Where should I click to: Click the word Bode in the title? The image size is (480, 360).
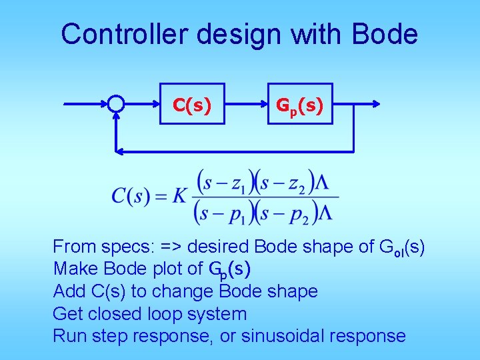(385, 34)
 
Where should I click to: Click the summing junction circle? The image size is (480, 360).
(116, 104)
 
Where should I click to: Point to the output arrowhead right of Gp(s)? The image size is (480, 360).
(376, 104)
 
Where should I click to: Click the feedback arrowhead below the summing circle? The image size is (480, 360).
(117, 117)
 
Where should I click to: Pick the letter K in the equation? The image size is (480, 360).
(179, 196)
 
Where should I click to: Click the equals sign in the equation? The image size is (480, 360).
(160, 197)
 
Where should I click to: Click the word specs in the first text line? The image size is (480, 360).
(124, 247)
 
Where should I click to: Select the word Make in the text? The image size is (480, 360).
(74, 269)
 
